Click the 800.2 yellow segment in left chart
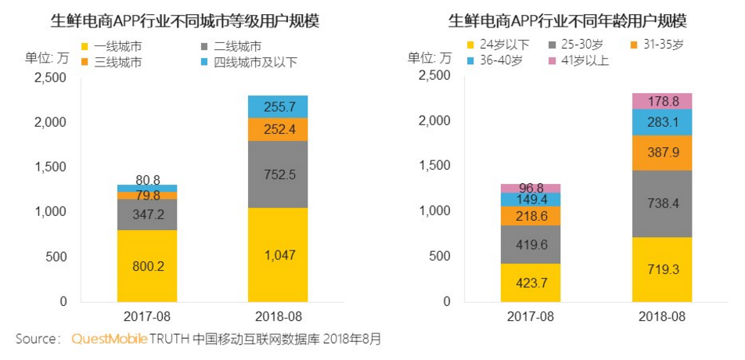pyautogui.click(x=147, y=265)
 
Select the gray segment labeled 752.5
pyautogui.click(x=278, y=174)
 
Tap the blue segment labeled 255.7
pyautogui.click(x=278, y=106)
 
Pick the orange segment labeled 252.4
pyautogui.click(x=278, y=129)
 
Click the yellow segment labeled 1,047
pyautogui.click(x=278, y=254)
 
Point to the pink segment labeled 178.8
pyautogui.click(x=662, y=101)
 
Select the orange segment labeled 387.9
pyautogui.click(x=662, y=153)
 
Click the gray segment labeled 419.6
pyautogui.click(x=531, y=244)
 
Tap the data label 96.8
pyautogui.click(x=531, y=189)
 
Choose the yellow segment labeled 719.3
pyautogui.click(x=662, y=269)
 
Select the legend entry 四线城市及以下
pyautogui.click(x=250, y=62)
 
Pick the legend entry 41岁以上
pyautogui.click(x=579, y=61)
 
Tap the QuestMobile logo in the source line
pyautogui.click(x=109, y=339)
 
